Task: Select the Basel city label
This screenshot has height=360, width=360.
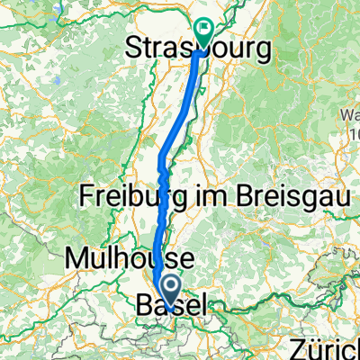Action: [171, 307]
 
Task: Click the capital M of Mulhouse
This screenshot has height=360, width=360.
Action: [75, 259]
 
